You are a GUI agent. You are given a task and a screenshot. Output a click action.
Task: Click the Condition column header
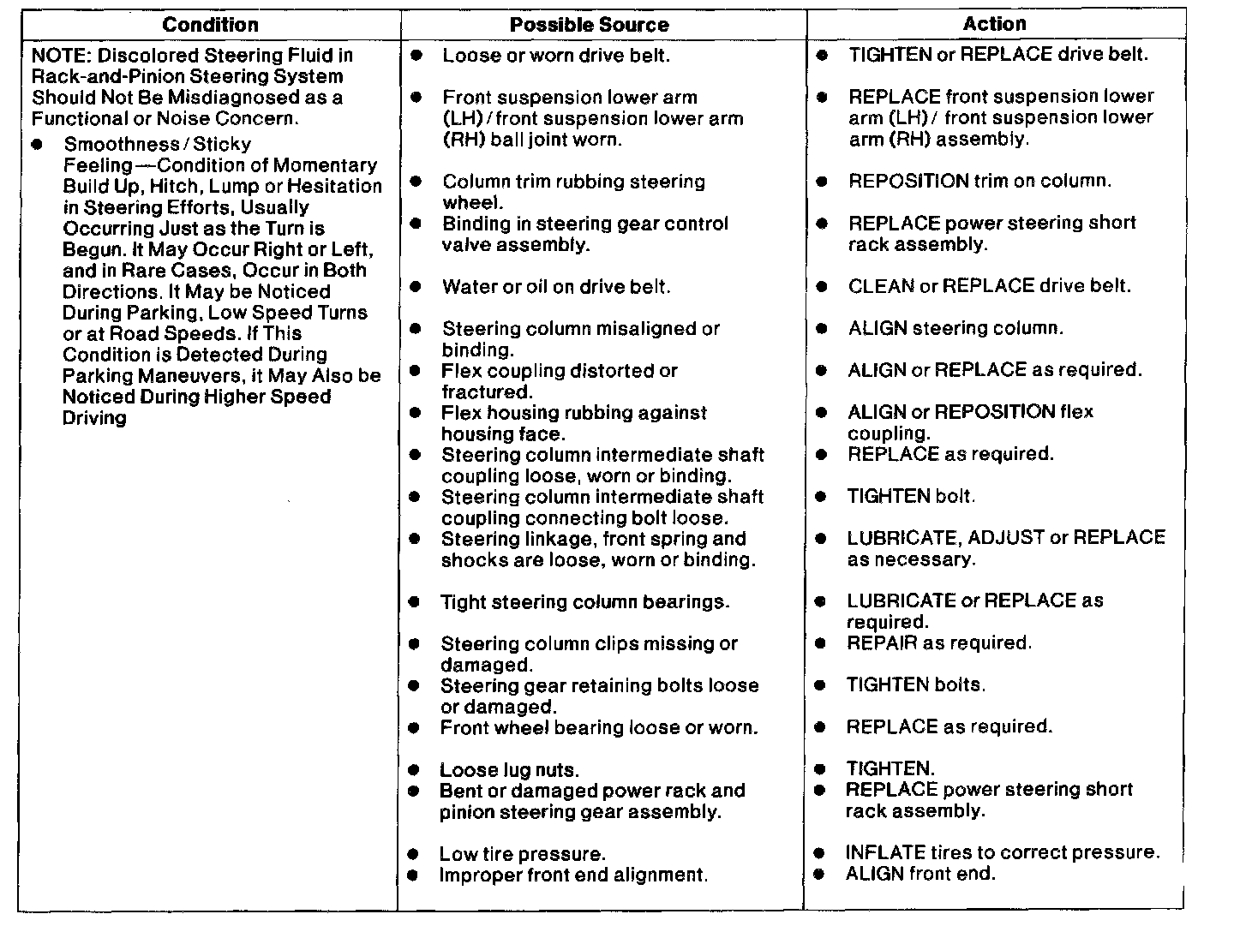210,25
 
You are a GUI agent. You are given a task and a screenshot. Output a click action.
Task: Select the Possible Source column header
589,25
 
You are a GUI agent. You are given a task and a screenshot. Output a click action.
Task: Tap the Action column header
994,24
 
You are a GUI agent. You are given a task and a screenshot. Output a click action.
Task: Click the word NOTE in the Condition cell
61,56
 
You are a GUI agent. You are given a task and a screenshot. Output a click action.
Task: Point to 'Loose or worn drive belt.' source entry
555,56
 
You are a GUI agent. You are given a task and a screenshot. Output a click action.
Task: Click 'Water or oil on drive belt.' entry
555,287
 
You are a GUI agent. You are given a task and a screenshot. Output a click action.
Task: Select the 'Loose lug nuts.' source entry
509,770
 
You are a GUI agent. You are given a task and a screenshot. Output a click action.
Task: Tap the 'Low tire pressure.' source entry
522,854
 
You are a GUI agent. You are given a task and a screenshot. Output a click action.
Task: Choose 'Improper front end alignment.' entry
573,875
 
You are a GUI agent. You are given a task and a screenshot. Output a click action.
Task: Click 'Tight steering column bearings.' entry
584,602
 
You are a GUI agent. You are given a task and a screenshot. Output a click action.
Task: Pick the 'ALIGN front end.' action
920,874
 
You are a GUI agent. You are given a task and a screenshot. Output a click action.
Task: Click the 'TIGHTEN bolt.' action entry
911,496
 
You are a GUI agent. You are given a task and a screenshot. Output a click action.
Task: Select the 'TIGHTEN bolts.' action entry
916,684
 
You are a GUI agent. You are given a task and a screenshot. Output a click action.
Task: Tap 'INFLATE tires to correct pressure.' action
1002,852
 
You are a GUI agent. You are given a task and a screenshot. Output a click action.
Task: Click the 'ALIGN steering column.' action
955,328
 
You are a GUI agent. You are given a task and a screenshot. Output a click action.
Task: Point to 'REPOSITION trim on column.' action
979,181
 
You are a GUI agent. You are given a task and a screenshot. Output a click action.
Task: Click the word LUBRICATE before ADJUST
901,538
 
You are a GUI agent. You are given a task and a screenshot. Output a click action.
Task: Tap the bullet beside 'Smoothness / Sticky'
37,145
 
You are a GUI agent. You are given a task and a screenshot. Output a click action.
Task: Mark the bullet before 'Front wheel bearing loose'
414,728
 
